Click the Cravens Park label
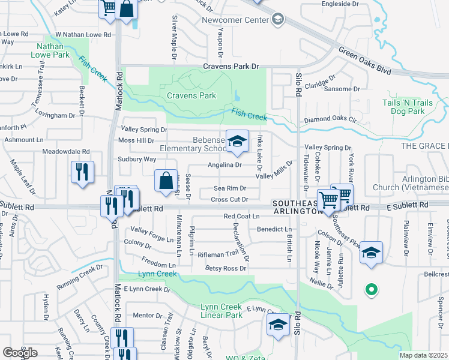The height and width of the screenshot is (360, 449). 191,95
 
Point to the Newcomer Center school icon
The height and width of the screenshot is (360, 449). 277,20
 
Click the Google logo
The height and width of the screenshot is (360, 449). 20,353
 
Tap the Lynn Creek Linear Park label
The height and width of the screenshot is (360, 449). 221,311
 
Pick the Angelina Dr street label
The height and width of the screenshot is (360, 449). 224,164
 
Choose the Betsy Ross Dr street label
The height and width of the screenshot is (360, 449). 226,268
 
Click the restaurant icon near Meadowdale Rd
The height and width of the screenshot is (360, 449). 81,172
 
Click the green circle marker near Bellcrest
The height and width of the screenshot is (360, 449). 372,290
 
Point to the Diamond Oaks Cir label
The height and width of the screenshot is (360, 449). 330,120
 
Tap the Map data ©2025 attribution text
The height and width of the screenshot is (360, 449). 424,355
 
